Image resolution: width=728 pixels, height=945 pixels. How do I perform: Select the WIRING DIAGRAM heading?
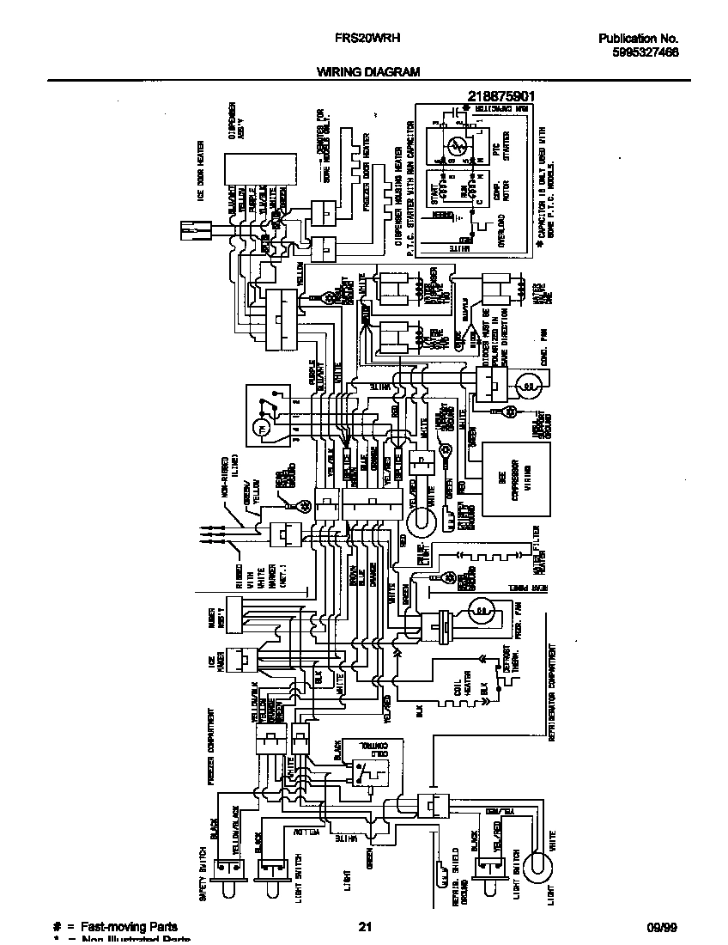coord(368,72)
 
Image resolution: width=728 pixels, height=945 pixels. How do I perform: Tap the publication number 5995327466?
coord(639,52)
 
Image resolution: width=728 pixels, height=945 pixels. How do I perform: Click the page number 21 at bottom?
coord(365,927)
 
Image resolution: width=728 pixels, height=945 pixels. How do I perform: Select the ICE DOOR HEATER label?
coord(200,176)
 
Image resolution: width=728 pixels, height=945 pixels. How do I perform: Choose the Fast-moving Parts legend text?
coord(129,927)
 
